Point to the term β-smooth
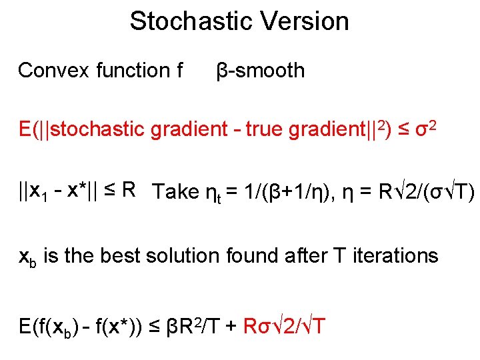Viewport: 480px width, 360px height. (261, 70)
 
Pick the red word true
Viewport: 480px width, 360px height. (265, 130)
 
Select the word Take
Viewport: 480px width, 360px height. (175, 192)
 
